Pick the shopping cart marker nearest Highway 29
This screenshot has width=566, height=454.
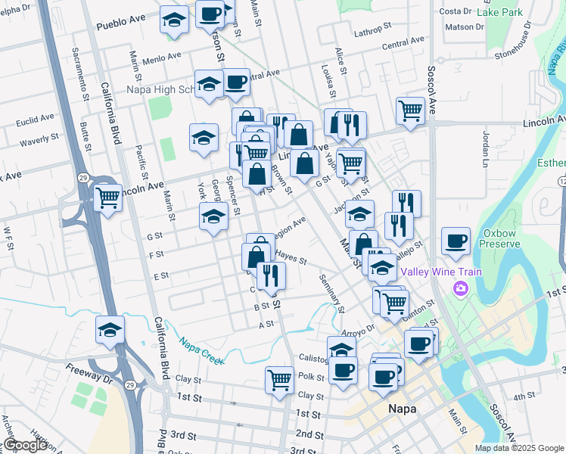(108, 198)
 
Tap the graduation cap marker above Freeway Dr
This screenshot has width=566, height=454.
(110, 330)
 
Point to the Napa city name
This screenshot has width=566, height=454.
(403, 409)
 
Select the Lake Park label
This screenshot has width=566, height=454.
(500, 12)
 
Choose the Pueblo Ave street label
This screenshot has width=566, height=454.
(120, 25)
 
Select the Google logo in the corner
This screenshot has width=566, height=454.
(25, 445)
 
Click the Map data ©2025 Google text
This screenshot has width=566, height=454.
(519, 448)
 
